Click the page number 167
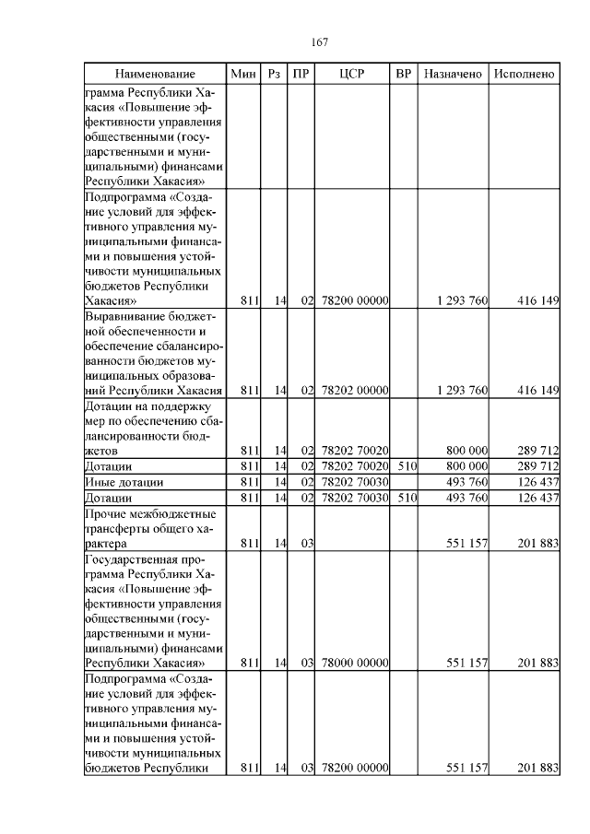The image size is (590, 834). pyautogui.click(x=320, y=42)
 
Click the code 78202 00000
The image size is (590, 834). pyautogui.click(x=354, y=391)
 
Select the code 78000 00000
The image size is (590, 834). pyautogui.click(x=354, y=663)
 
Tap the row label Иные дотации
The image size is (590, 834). pyautogui.click(x=124, y=482)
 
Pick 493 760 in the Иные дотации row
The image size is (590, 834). pyautogui.click(x=466, y=482)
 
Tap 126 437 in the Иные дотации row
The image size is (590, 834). pyautogui.click(x=538, y=482)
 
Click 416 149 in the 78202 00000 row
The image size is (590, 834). pyautogui.click(x=538, y=391)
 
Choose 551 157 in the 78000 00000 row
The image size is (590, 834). pyautogui.click(x=466, y=663)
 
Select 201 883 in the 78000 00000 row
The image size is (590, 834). pyautogui.click(x=538, y=663)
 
